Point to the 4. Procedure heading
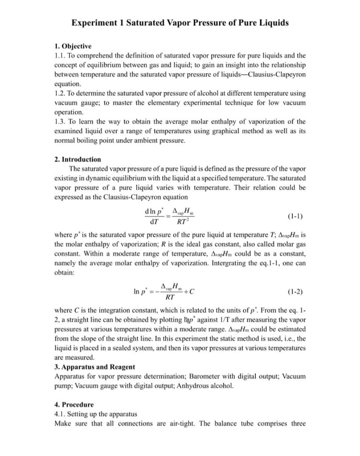(x=74, y=404)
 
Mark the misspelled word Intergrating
(x=227, y=263)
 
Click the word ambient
(x=149, y=140)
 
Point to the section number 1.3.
(x=59, y=122)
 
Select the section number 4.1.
(x=59, y=414)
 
